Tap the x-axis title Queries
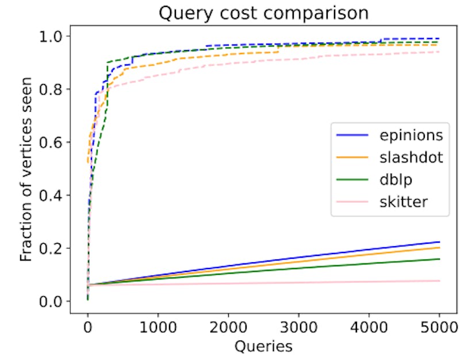coord(263,346)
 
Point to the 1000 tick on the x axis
coord(158,327)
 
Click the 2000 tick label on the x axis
coord(228,327)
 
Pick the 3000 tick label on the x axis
coord(298,327)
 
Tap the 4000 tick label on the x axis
coord(369,327)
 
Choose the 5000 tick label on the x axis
coord(439,327)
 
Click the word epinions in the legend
coord(411,135)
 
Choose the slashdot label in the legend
coord(411,157)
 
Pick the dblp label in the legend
coord(396,179)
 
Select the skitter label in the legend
coord(404,201)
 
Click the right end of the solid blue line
coord(440,242)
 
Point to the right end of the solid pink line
coord(440,281)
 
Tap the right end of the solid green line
coord(440,259)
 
